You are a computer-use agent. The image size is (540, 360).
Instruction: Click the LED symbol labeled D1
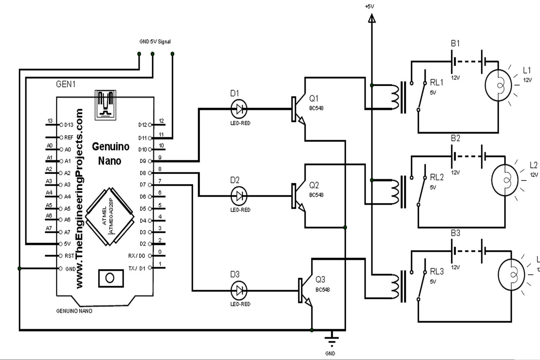pyautogui.click(x=239, y=109)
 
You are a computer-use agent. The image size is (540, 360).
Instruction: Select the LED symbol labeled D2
pyautogui.click(x=239, y=196)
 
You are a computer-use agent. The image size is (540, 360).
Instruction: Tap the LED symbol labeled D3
pyautogui.click(x=239, y=291)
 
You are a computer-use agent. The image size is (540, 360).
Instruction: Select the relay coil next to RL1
pyautogui.click(x=395, y=97)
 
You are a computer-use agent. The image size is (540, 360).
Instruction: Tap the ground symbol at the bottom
pyautogui.click(x=331, y=340)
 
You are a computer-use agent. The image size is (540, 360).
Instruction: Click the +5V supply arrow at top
pyautogui.click(x=372, y=18)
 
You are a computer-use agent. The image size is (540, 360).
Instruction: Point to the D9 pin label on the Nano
pyautogui.click(x=142, y=161)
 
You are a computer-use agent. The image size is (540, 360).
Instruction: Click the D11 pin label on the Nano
pyautogui.click(x=142, y=138)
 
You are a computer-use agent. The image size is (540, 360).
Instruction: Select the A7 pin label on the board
pyautogui.click(x=67, y=232)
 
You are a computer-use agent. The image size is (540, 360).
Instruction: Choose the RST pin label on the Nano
pyautogui.click(x=69, y=256)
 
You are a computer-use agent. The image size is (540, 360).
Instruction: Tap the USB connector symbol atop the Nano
pyautogui.click(x=105, y=104)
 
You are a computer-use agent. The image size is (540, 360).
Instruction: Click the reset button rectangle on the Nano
pyautogui.click(x=110, y=278)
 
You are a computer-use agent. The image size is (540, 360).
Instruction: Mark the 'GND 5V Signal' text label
pyautogui.click(x=155, y=41)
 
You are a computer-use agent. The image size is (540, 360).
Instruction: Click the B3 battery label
pyautogui.click(x=455, y=233)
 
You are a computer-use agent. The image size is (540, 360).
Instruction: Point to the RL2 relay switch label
pyautogui.click(x=437, y=177)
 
